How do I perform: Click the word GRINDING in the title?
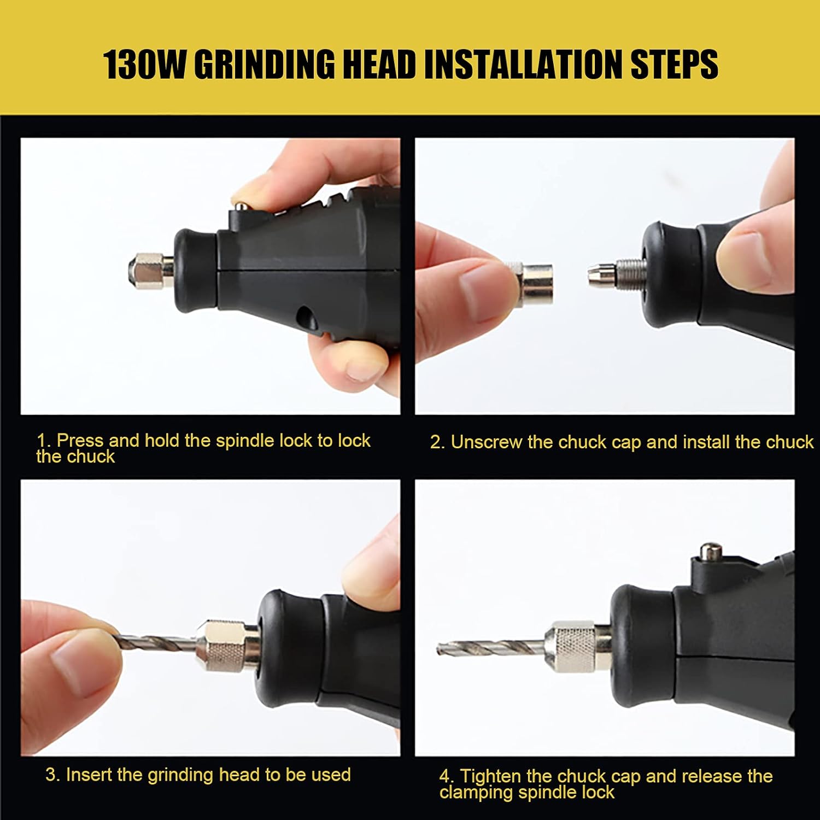[x=264, y=64]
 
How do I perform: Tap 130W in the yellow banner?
[x=144, y=64]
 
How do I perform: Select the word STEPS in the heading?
[x=673, y=64]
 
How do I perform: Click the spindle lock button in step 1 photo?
[x=241, y=207]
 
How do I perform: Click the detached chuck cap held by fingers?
[x=536, y=280]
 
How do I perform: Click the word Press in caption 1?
[x=80, y=441]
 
